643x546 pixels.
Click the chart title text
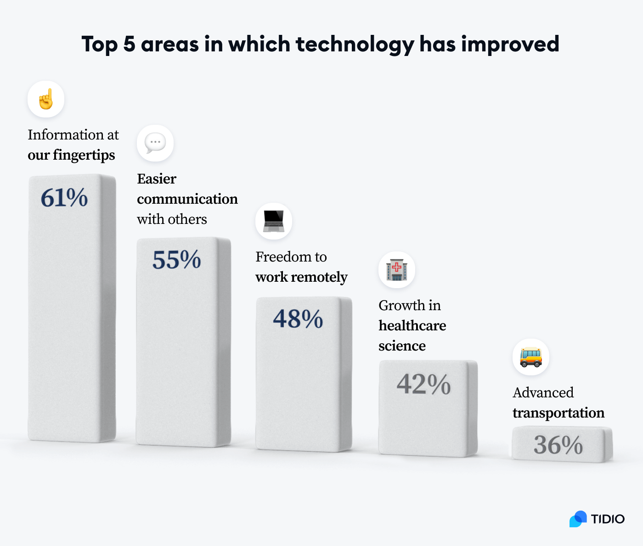coord(320,45)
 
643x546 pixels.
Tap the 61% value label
coord(64,198)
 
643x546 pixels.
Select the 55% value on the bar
coord(177,260)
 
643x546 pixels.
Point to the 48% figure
coord(298,318)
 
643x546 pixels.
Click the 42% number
coord(423,384)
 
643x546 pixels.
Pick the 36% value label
coord(558,445)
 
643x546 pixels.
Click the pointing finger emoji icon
coord(46,99)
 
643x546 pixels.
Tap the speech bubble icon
coord(155,143)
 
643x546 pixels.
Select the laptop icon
coord(274,221)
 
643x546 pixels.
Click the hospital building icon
coord(397,270)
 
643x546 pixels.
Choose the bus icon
coord(531,357)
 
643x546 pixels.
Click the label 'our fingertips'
coord(71,155)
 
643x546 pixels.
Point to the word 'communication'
coord(187,199)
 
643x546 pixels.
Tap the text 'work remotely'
coord(301,277)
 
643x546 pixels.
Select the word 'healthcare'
coord(412,326)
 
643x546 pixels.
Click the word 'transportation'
coord(558,413)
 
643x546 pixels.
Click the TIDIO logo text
coord(608,519)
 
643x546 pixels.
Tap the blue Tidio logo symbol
coord(578,519)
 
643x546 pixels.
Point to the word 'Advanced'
coord(543,393)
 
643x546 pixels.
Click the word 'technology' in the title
coord(355,45)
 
